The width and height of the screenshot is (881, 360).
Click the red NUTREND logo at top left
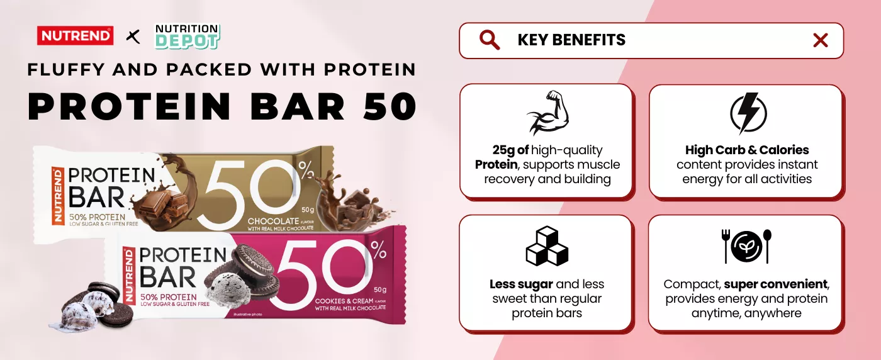[x=75, y=36]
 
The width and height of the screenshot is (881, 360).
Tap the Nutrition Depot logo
[x=188, y=37]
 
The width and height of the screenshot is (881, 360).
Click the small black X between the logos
[x=133, y=37]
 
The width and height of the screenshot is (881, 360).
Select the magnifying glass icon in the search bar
[x=490, y=40]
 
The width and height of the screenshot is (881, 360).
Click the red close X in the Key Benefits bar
[x=821, y=40]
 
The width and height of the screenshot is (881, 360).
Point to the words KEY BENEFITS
[x=571, y=40]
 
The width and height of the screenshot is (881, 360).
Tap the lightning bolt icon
[x=748, y=113]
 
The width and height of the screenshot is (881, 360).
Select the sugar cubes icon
[x=547, y=245]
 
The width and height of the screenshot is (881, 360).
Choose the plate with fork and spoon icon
[x=746, y=246]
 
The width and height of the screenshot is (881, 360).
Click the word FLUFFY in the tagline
[x=65, y=70]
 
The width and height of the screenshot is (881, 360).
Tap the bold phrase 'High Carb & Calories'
[x=747, y=150]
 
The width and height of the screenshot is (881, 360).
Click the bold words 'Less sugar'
[x=521, y=284]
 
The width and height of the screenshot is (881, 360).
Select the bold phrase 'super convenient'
[x=775, y=284]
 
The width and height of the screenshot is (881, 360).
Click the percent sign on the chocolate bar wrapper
[x=306, y=169]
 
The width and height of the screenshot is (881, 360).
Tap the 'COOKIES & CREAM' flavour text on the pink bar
[x=345, y=301]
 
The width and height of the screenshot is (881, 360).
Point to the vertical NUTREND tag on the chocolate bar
[x=58, y=196]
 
